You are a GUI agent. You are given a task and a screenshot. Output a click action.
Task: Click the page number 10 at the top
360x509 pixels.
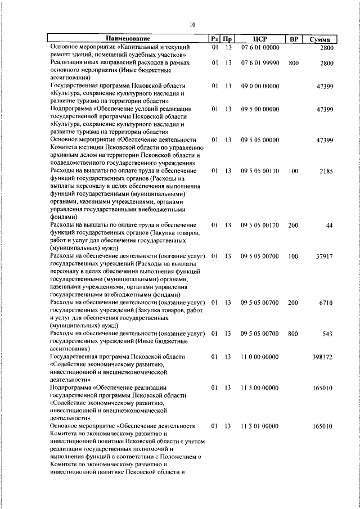(192, 25)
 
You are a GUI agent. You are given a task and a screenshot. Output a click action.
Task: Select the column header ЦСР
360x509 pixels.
(259, 39)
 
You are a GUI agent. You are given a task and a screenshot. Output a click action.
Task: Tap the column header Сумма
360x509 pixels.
(323, 39)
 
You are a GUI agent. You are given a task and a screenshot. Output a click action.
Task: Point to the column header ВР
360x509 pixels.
(293, 39)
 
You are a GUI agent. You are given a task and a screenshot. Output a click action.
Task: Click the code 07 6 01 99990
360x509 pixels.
(259, 63)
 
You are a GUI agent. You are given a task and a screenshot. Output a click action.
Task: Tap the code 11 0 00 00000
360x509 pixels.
(259, 357)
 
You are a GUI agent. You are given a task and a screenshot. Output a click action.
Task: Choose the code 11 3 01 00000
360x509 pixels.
(259, 426)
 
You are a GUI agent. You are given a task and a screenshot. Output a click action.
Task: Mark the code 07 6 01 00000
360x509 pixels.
(259, 47)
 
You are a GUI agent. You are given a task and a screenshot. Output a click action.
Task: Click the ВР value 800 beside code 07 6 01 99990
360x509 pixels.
(293, 63)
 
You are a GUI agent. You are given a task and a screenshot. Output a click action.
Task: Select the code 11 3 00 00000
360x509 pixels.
(259, 388)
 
